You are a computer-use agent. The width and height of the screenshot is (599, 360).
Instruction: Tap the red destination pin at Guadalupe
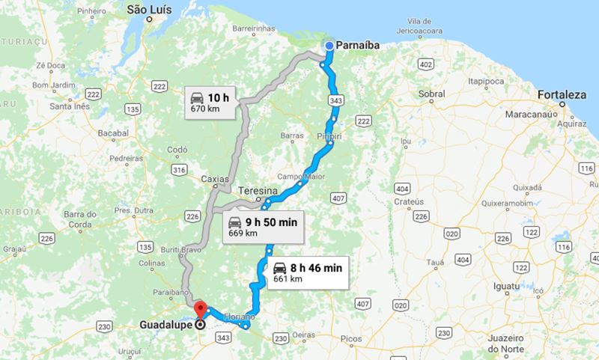click(199, 309)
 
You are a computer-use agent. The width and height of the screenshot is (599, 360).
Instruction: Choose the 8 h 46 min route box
click(307, 272)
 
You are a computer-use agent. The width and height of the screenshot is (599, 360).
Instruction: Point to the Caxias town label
click(216, 179)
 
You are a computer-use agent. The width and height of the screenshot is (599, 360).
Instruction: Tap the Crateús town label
click(410, 202)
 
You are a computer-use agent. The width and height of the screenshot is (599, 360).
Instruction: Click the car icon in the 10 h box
click(196, 97)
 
